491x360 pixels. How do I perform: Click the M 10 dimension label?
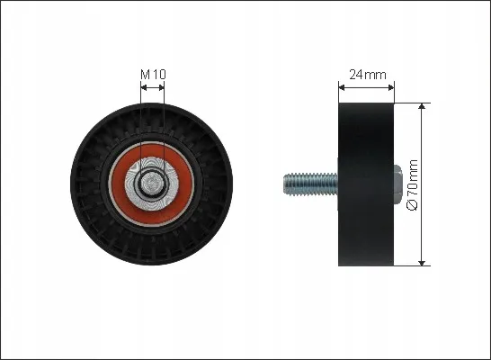[153, 75]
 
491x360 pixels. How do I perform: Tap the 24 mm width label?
[367, 75]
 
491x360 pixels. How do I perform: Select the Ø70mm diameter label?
[412, 185]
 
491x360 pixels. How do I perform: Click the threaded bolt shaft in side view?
[311, 184]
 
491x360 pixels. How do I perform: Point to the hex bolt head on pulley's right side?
[397, 184]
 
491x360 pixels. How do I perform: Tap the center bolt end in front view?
[152, 184]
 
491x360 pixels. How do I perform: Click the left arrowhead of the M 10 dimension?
[144, 87]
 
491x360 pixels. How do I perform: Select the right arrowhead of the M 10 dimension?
[161, 87]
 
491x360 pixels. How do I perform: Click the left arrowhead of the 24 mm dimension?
[342, 87]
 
